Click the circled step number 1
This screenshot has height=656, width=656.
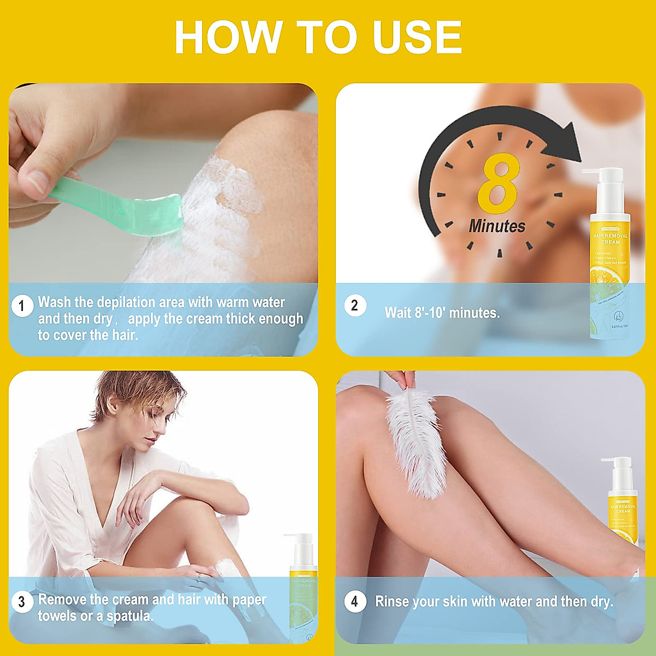pyautogui.click(x=22, y=306)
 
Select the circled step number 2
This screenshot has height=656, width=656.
pyautogui.click(x=354, y=306)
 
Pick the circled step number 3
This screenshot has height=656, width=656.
pyautogui.click(x=22, y=602)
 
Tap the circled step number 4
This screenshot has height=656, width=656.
pyautogui.click(x=354, y=602)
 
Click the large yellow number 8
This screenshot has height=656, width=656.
pyautogui.click(x=497, y=184)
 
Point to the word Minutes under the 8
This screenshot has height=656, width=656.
pyautogui.click(x=497, y=226)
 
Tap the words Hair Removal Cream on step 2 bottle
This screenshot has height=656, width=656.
pyautogui.click(x=611, y=239)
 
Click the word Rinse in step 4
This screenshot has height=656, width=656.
pyautogui.click(x=392, y=602)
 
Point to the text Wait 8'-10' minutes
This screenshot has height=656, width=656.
pyautogui.click(x=442, y=313)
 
